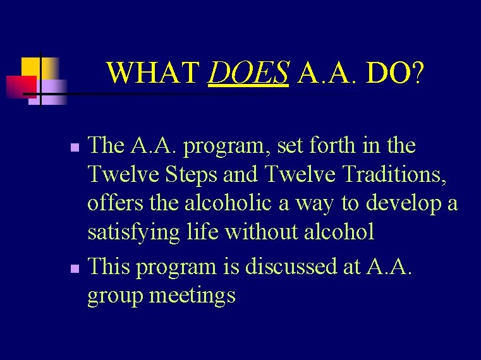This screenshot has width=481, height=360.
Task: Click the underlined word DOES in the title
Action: (x=248, y=74)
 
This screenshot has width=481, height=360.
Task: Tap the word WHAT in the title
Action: (x=154, y=74)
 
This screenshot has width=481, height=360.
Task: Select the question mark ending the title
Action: (x=418, y=74)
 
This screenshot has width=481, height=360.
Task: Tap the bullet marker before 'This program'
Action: (x=75, y=269)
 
